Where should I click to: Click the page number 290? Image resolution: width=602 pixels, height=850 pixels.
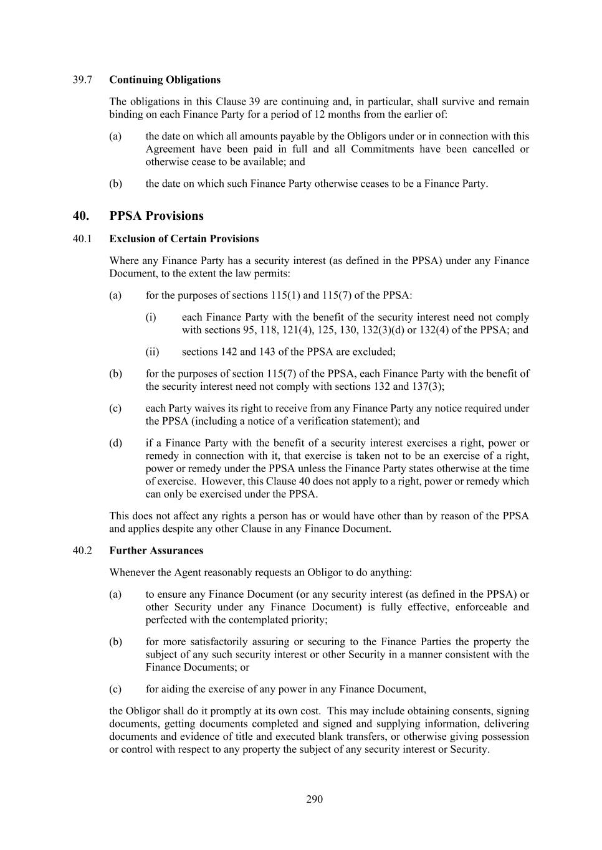pyautogui.click(x=314, y=799)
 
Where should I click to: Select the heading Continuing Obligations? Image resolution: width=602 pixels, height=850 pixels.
pyautogui.click(x=165, y=80)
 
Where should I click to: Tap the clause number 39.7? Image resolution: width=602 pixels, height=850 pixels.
pyautogui.click(x=82, y=80)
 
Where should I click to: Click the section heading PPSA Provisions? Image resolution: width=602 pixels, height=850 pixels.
pyautogui.click(x=156, y=216)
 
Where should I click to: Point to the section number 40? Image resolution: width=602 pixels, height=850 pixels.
pyautogui.click(x=81, y=216)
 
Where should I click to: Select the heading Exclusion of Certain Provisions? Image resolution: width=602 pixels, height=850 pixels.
pyautogui.click(x=184, y=238)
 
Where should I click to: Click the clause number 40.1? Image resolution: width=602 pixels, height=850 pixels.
pyautogui.click(x=82, y=238)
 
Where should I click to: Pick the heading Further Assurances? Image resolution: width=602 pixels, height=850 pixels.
pyautogui.click(x=156, y=550)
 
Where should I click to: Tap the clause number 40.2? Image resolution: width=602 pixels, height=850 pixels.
pyautogui.click(x=82, y=550)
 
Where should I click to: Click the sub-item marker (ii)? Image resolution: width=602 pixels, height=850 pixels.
pyautogui.click(x=152, y=352)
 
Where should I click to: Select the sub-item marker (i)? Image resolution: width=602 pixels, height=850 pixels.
pyautogui.click(x=151, y=318)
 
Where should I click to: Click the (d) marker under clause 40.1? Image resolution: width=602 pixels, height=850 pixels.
pyautogui.click(x=115, y=443)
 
